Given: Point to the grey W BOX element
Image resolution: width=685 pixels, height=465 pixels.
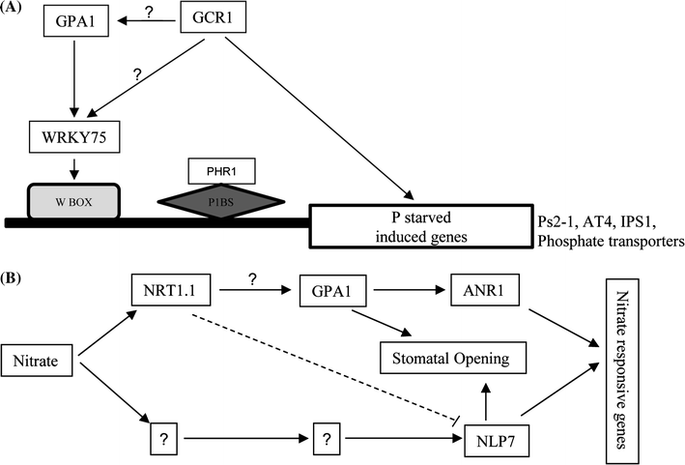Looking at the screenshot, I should tap(72, 200).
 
